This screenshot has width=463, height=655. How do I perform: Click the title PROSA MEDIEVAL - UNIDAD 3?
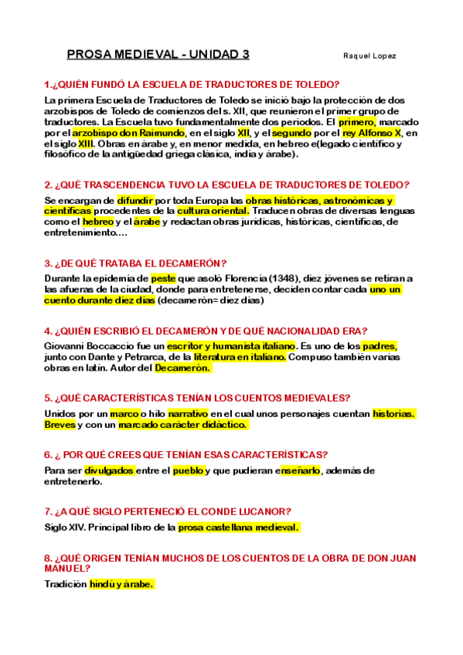(158, 55)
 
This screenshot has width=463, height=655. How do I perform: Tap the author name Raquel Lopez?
(369, 56)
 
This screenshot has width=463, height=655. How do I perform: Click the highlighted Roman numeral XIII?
(86, 144)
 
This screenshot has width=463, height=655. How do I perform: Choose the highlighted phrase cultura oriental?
(213, 211)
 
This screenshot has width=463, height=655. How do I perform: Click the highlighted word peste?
(163, 278)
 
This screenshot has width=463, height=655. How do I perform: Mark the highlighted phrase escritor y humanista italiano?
(231, 346)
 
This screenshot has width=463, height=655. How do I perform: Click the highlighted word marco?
(124, 413)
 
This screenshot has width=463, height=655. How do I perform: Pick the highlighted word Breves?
(60, 424)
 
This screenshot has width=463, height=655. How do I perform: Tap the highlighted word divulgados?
(109, 470)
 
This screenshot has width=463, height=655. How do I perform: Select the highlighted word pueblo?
(188, 470)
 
